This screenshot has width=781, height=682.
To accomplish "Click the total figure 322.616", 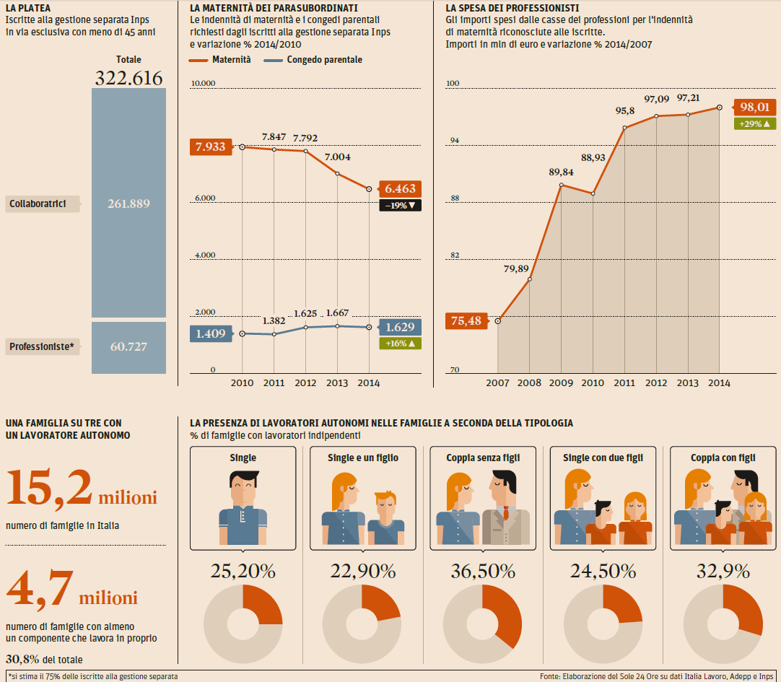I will click(x=128, y=78).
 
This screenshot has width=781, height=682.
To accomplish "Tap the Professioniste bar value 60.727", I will click(x=128, y=347).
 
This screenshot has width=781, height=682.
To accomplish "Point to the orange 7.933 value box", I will click(x=210, y=147).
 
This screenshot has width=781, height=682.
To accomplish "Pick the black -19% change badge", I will click(x=400, y=206).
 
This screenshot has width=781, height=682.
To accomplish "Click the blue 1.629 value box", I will click(x=400, y=328).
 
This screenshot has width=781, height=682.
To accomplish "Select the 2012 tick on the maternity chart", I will click(x=305, y=383).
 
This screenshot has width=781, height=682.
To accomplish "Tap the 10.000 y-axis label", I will click(x=204, y=84).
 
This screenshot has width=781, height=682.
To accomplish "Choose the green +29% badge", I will click(x=754, y=124).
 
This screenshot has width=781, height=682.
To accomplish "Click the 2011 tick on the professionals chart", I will click(x=624, y=383).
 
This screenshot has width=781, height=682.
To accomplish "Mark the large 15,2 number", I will click(x=49, y=489).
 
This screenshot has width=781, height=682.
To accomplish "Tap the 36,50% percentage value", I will click(x=482, y=572).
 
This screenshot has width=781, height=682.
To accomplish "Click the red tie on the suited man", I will click(x=506, y=514).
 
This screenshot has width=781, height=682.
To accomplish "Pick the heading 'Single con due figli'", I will click(x=602, y=458).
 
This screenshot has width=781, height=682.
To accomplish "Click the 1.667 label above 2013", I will click(x=338, y=312).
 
